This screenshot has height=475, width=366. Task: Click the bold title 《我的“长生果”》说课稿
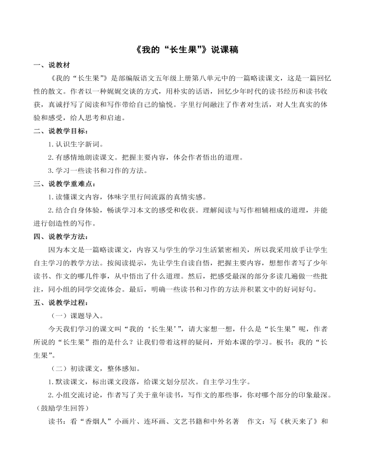[x=183, y=50]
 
